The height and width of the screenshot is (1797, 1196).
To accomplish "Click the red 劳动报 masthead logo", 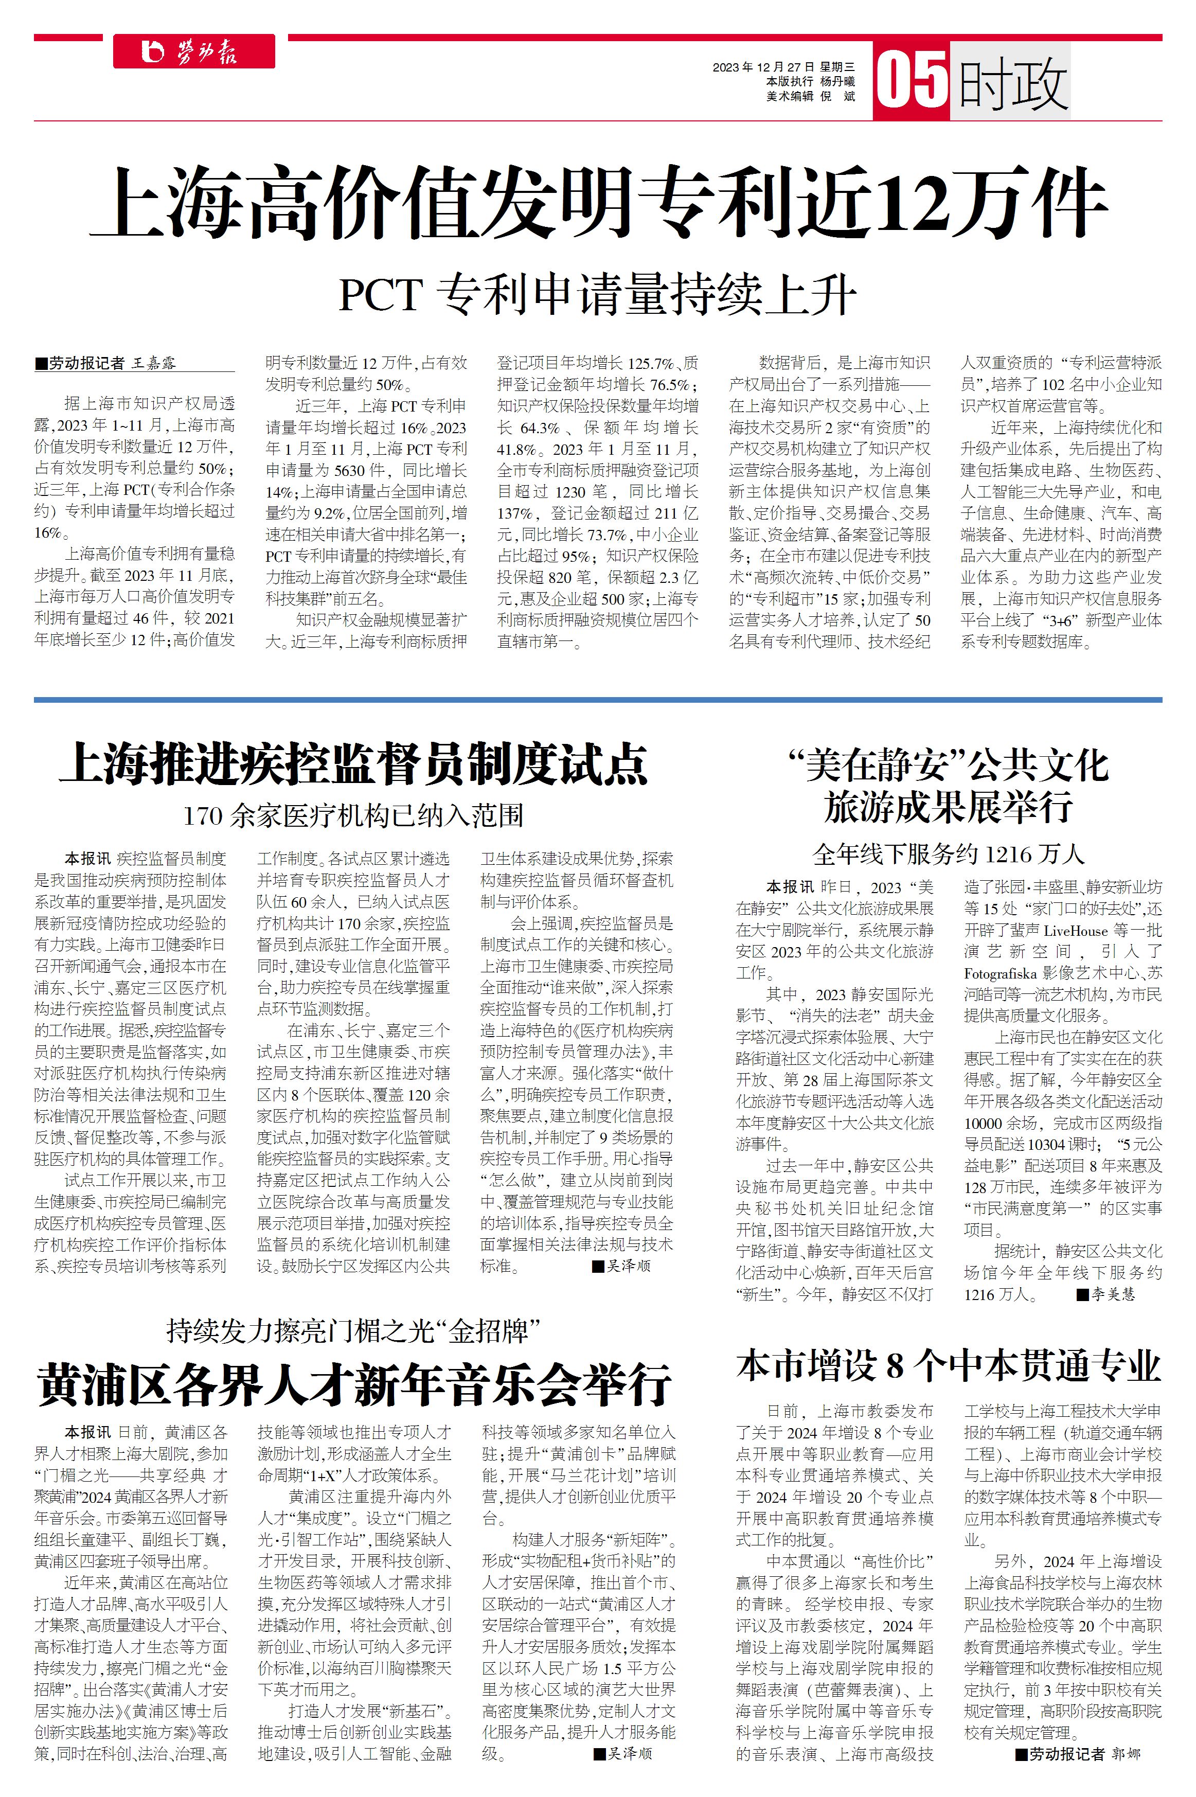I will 194,52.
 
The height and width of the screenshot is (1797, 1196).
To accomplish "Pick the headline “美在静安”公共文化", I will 948,765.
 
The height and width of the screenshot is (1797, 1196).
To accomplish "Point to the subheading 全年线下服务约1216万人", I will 948,853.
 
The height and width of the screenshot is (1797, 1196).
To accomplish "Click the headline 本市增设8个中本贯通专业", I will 948,1365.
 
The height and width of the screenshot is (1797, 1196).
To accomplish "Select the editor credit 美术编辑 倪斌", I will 810,96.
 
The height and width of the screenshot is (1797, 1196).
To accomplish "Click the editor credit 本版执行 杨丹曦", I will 810,82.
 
